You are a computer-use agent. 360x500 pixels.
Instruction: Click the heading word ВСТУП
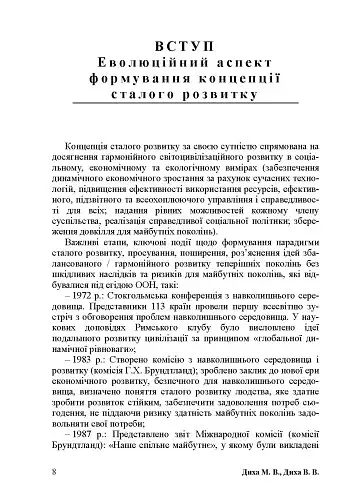[179, 50]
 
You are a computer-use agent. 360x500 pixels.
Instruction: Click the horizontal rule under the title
[179, 107]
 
